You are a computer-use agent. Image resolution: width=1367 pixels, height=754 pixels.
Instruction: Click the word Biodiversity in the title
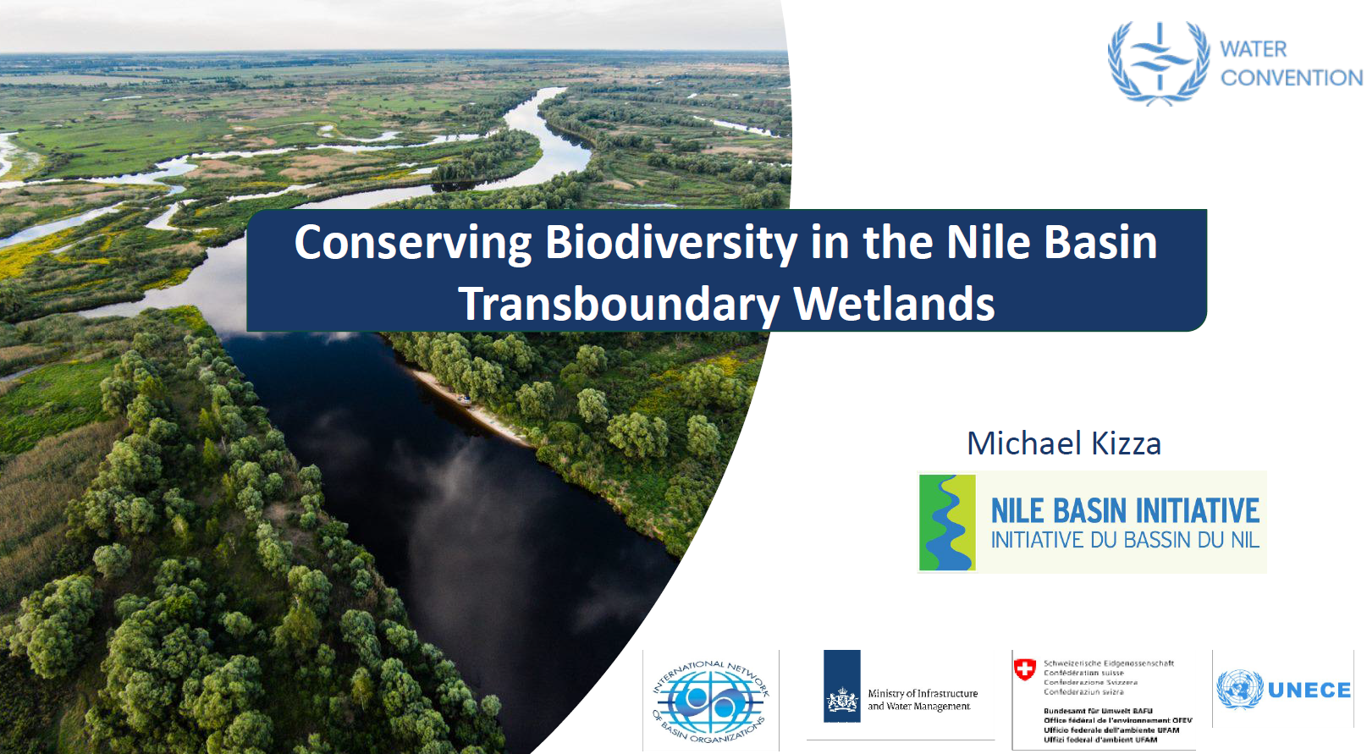(670, 243)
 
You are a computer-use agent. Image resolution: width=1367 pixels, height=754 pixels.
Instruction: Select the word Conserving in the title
(412, 243)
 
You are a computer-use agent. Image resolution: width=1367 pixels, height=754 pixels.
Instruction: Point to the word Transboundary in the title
(619, 305)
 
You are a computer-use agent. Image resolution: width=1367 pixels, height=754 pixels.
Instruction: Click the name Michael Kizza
(1063, 443)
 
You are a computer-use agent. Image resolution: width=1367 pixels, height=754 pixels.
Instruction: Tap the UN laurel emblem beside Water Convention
(1159, 63)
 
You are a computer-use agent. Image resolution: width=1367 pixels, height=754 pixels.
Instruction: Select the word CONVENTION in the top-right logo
(1291, 78)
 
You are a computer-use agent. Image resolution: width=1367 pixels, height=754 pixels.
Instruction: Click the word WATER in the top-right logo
(1253, 49)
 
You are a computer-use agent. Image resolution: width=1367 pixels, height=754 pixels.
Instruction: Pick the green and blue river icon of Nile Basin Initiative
(947, 522)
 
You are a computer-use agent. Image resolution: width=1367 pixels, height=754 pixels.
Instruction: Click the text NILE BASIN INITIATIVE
(1125, 510)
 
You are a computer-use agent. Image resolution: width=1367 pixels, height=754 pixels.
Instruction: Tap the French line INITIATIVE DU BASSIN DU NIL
(1125, 540)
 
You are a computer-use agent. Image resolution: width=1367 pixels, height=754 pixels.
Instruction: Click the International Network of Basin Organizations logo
(711, 701)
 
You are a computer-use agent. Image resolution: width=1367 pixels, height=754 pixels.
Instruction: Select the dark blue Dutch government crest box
(841, 686)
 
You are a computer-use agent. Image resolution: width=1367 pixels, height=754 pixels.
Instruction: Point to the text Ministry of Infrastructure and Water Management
(922, 700)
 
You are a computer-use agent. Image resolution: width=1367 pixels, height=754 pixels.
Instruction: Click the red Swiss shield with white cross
(1024, 669)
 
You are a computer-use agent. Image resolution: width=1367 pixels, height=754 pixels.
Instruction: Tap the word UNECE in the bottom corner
(1309, 691)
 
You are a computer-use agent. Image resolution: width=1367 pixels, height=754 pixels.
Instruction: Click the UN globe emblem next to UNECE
(1239, 689)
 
